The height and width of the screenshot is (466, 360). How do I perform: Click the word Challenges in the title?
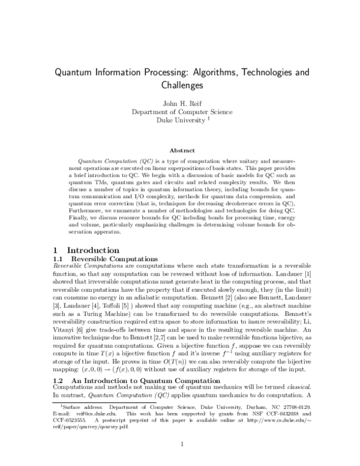pos(180,85)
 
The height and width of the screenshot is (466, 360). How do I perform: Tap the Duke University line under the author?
pos(178,120)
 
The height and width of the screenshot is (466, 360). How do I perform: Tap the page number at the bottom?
pos(180,444)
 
